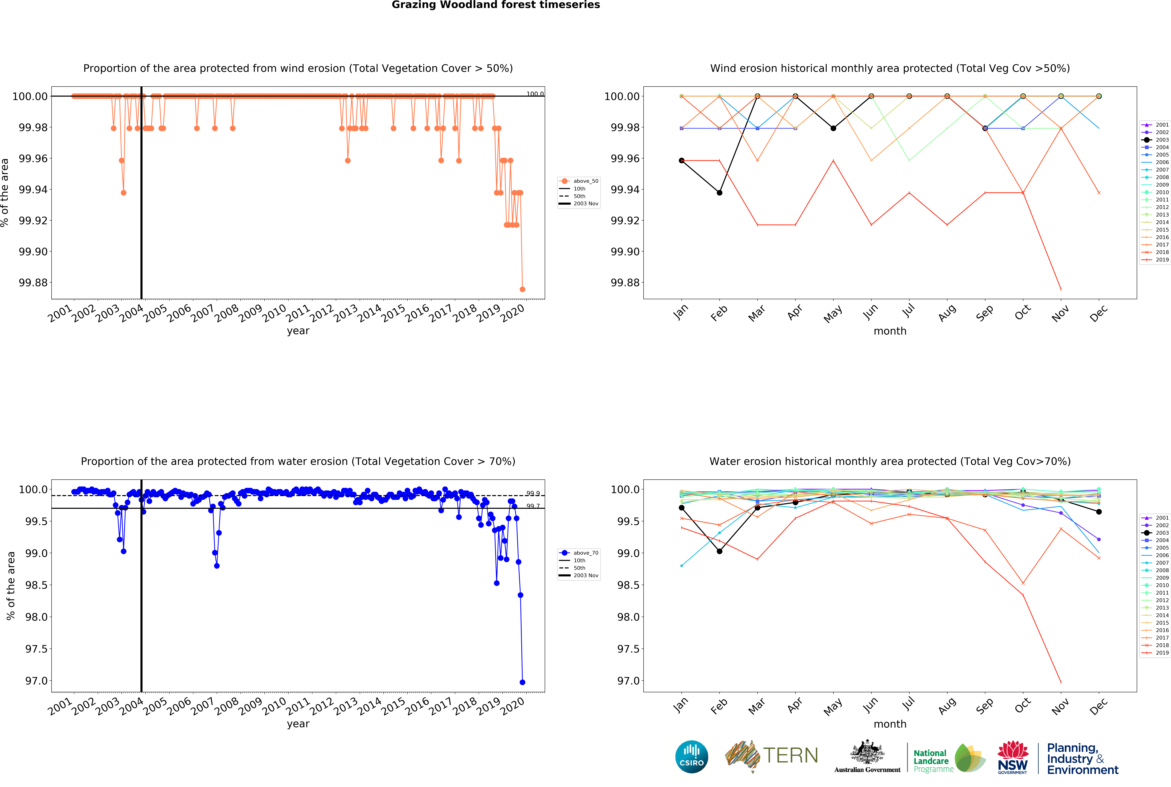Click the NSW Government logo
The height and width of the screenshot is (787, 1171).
coord(1012,757)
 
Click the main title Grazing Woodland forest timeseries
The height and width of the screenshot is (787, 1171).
coord(496,5)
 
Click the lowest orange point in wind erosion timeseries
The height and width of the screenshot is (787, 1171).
coord(522,289)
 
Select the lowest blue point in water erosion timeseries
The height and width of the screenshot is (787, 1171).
coord(522,682)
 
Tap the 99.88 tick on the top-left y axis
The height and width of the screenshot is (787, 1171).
coord(33,283)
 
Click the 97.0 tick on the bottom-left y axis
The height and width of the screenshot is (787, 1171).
coord(37,681)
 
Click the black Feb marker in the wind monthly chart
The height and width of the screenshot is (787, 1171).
coord(719,193)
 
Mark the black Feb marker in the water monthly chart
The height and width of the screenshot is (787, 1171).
coord(719,551)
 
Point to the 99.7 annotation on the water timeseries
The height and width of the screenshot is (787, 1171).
coord(533,506)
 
